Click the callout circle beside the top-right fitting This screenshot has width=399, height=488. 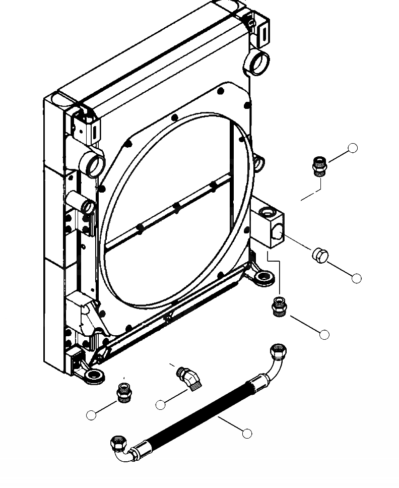tap(353, 148)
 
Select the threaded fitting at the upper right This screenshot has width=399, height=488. tap(318, 166)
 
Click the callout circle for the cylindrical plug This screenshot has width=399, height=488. tap(357, 278)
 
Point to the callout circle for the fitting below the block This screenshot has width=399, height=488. tap(324, 334)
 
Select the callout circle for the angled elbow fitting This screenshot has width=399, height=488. tap(161, 404)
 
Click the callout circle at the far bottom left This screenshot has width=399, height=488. tap(91, 415)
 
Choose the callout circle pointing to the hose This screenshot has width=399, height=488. tap(247, 433)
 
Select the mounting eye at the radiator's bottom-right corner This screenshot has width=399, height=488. tap(263, 277)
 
